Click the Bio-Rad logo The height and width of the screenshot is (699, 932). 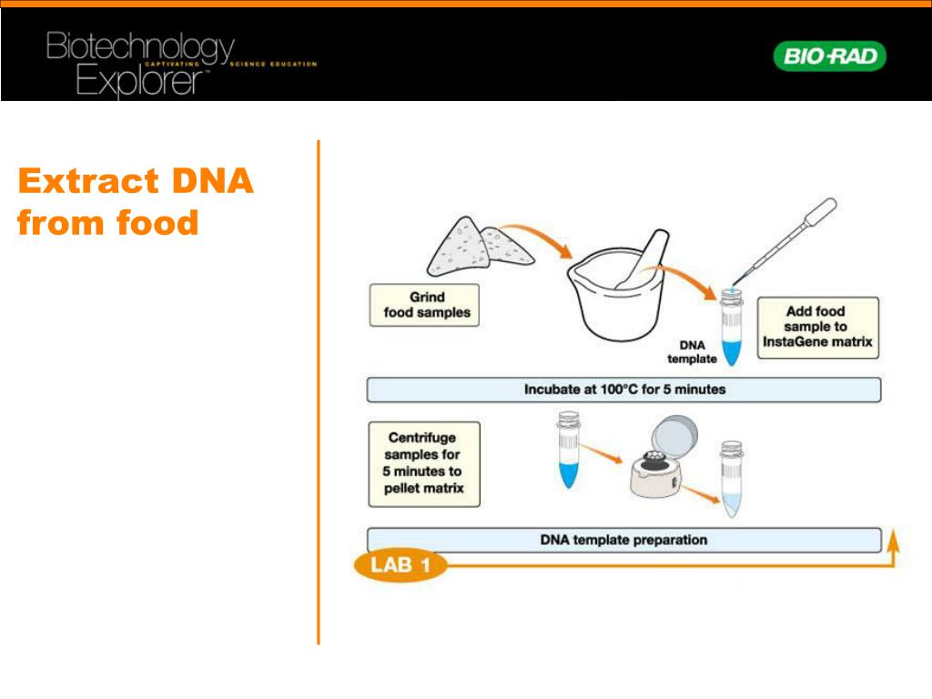(x=829, y=56)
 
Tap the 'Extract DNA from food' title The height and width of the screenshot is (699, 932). (x=135, y=201)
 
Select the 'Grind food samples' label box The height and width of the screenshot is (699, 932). (x=424, y=305)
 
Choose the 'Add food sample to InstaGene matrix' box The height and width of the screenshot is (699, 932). (x=816, y=327)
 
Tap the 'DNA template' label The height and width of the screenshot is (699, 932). (x=692, y=352)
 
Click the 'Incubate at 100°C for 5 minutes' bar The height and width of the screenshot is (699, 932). (x=623, y=390)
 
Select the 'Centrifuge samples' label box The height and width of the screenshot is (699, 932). (x=423, y=463)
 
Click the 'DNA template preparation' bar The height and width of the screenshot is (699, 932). (x=623, y=540)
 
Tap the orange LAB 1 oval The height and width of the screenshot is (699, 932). (x=400, y=565)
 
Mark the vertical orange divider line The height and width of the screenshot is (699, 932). (x=319, y=391)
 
